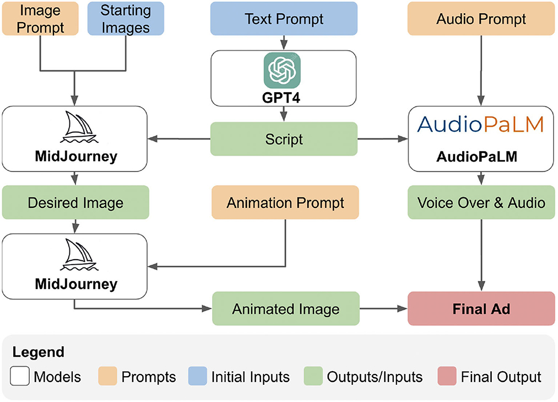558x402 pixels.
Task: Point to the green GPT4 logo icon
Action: (x=282, y=70)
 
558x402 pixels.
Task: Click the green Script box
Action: (x=284, y=139)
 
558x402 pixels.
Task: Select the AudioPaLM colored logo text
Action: (x=481, y=124)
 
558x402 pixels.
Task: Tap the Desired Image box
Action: (x=75, y=203)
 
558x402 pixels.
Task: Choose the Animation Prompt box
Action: (x=285, y=203)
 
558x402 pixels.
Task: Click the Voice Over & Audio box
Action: (x=481, y=203)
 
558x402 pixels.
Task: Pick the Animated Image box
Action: (x=285, y=309)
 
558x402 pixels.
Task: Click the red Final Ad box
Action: (x=481, y=309)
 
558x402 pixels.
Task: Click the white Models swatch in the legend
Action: (x=19, y=377)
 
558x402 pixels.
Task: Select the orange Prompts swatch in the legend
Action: (x=107, y=377)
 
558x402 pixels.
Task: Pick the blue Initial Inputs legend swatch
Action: (x=197, y=377)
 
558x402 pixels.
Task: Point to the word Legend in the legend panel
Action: (x=38, y=352)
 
